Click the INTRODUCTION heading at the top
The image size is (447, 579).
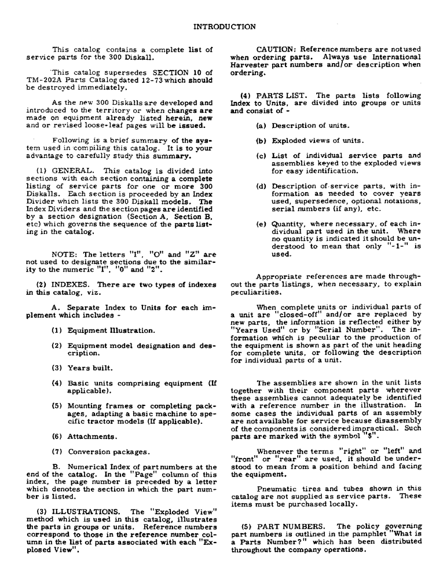click(x=223, y=27)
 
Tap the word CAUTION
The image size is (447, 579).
click(x=276, y=49)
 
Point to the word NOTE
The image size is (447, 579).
click(x=64, y=254)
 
